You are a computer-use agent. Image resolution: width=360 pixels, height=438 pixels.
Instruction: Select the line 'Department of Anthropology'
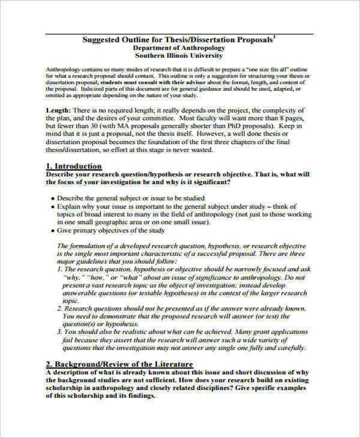[x=178, y=47]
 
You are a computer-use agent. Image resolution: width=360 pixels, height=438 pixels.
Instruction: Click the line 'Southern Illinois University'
[x=178, y=55]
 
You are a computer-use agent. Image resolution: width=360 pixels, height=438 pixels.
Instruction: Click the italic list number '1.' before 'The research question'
[x=59, y=270]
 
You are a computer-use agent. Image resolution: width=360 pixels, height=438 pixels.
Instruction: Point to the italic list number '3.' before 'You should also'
[x=59, y=331]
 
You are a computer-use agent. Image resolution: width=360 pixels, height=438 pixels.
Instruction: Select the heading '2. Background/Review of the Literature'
[x=119, y=364]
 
